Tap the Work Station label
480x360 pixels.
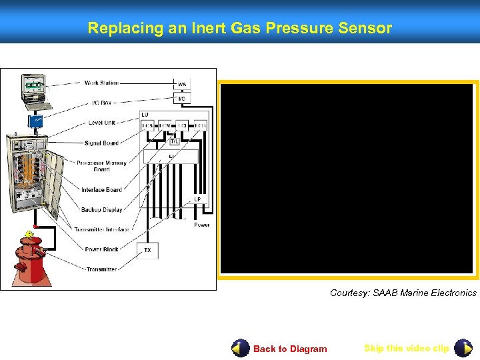(x=101, y=83)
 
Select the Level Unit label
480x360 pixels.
(x=102, y=123)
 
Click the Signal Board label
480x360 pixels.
(x=101, y=143)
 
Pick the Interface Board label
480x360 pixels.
(x=102, y=190)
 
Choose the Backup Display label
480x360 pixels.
(x=102, y=209)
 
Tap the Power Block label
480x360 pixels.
(x=102, y=249)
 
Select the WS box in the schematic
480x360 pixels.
(x=182, y=85)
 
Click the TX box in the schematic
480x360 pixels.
(x=147, y=251)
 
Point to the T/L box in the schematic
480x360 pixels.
(x=174, y=141)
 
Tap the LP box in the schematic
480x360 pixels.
(x=197, y=200)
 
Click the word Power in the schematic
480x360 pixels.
(x=202, y=225)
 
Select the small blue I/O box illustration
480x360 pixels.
(x=34, y=122)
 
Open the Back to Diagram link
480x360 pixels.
(x=290, y=349)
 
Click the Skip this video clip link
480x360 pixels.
(x=406, y=348)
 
